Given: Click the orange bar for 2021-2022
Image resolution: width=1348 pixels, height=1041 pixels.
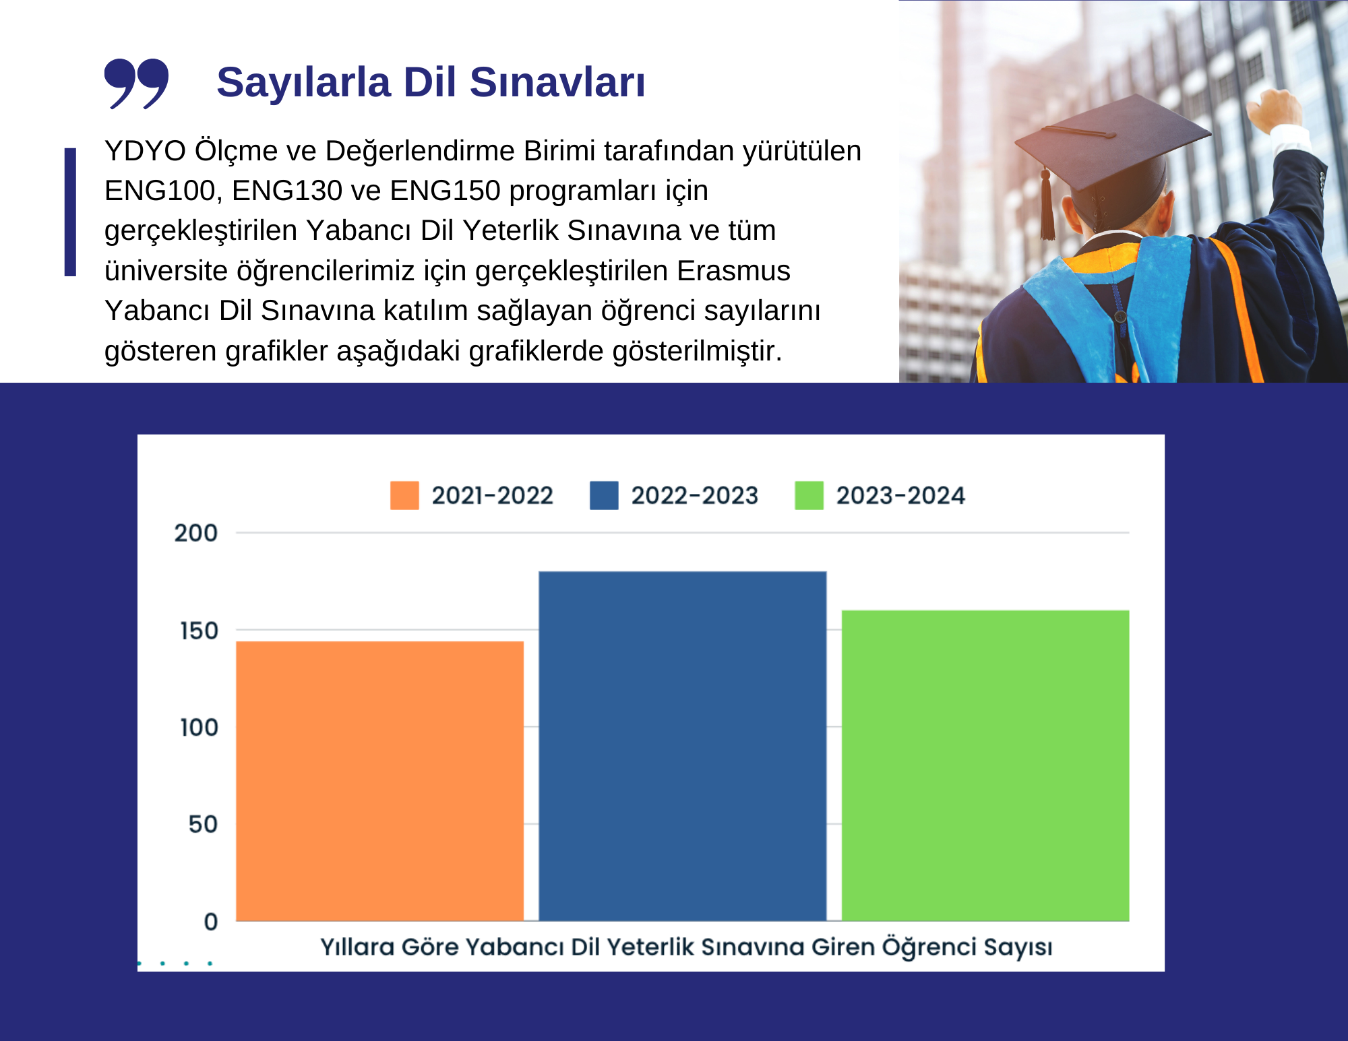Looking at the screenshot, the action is pyautogui.click(x=379, y=781).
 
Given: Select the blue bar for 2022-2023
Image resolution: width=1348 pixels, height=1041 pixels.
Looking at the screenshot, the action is pyautogui.click(x=683, y=746).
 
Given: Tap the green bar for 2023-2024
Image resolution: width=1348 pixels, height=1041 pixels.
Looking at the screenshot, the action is pyautogui.click(x=985, y=765).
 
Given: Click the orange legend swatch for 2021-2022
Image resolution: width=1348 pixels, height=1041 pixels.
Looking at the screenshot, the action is pyautogui.click(x=404, y=495).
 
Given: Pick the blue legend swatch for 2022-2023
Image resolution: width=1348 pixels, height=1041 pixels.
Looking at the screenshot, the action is pyautogui.click(x=604, y=495).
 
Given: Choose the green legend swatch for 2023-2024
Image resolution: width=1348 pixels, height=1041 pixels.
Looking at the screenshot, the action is pyautogui.click(x=809, y=495).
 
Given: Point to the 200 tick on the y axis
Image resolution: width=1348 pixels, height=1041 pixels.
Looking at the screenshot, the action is pyautogui.click(x=196, y=533).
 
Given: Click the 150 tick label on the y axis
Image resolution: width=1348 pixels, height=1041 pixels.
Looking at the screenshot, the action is pyautogui.click(x=199, y=631).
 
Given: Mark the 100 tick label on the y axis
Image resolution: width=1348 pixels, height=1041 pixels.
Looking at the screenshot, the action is pyautogui.click(x=199, y=728).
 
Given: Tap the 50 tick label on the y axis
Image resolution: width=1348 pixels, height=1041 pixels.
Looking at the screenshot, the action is pyautogui.click(x=203, y=824).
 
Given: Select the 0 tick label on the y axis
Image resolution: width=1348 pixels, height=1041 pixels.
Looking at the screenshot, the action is pyautogui.click(x=211, y=921).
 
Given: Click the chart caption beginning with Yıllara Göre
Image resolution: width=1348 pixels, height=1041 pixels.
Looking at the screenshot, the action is pyautogui.click(x=686, y=947).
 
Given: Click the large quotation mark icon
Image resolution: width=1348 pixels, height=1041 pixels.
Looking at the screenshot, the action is pyautogui.click(x=136, y=84).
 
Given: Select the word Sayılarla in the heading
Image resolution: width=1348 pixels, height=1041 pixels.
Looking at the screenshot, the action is pyautogui.click(x=304, y=83).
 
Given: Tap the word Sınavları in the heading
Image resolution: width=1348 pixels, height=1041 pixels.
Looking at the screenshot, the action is pyautogui.click(x=557, y=82).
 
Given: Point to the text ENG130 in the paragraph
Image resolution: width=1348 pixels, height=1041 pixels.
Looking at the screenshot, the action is pyautogui.click(x=287, y=191).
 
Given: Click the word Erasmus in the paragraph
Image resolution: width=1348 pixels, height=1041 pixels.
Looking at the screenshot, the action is pyautogui.click(x=733, y=271).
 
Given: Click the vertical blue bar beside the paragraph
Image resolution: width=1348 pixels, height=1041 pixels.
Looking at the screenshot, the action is pyautogui.click(x=70, y=212).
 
